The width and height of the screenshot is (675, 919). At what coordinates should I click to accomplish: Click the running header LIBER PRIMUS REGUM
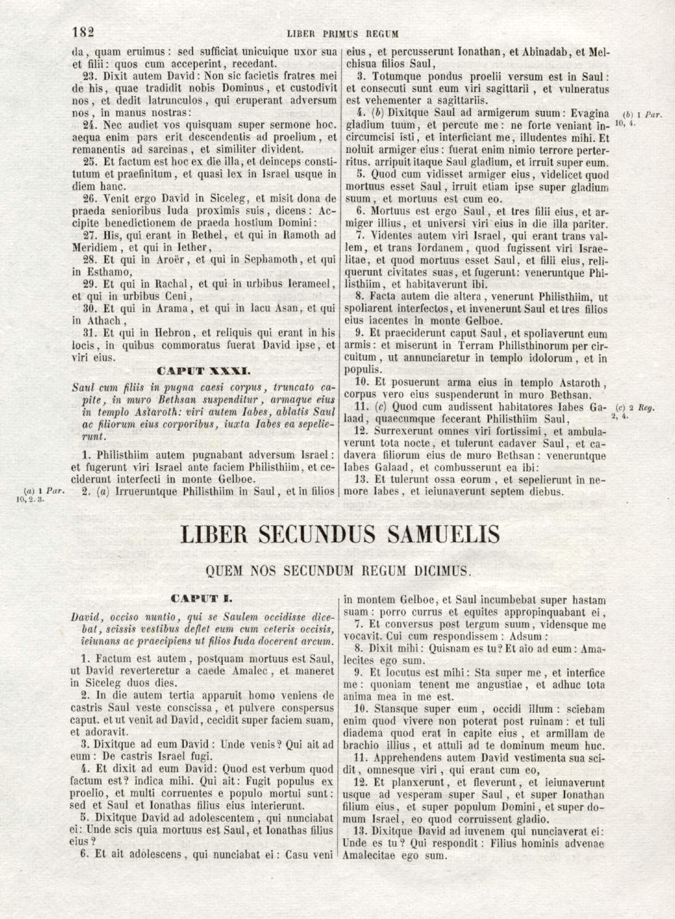[x=342, y=34]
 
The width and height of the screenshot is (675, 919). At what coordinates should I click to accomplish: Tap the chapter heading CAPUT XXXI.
[x=203, y=371]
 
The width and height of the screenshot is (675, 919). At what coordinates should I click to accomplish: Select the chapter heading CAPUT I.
[x=202, y=598]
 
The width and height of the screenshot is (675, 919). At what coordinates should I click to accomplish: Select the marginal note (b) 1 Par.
[x=642, y=115]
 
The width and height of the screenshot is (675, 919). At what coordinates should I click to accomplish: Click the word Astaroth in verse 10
[x=568, y=382]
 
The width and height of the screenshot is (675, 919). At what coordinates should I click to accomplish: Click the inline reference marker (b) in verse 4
[x=381, y=113]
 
